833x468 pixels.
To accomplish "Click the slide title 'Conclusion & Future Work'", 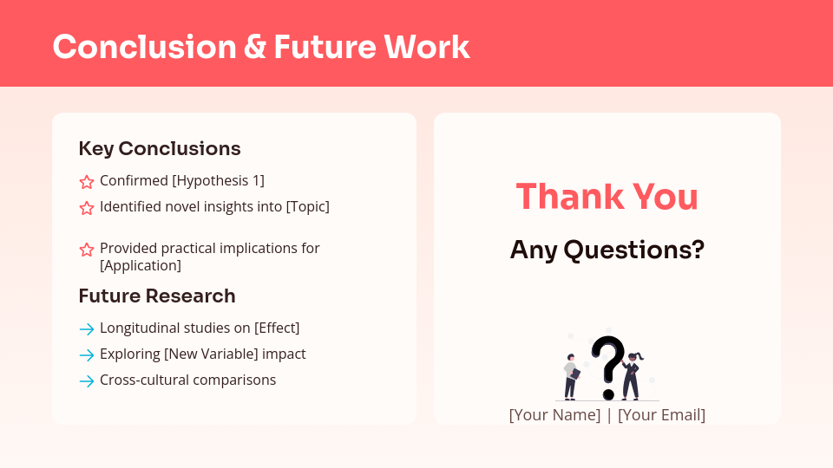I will [x=260, y=47].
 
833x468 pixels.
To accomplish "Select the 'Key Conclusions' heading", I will [x=159, y=148].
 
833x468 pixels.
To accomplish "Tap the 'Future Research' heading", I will [x=156, y=296].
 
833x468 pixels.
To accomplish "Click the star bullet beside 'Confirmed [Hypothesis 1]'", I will [x=87, y=182].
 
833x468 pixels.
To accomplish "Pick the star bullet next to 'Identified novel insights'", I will [x=87, y=208].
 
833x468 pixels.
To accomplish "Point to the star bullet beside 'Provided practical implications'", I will [x=87, y=250].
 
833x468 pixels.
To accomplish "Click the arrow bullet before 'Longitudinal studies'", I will [x=87, y=329].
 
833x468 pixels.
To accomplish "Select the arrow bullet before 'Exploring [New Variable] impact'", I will [x=87, y=355].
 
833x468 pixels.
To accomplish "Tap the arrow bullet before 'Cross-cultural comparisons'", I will [x=87, y=381].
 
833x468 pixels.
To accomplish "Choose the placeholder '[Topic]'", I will [x=307, y=206].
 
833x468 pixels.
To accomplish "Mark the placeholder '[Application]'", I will [x=141, y=265].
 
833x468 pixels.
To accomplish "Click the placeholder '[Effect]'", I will [x=277, y=328].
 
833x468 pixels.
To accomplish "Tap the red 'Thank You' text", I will [x=607, y=197].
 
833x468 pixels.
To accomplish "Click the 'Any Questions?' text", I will [x=607, y=250].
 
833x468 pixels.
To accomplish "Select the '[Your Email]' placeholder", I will [x=661, y=414].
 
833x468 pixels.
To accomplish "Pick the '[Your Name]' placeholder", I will [x=554, y=414].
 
